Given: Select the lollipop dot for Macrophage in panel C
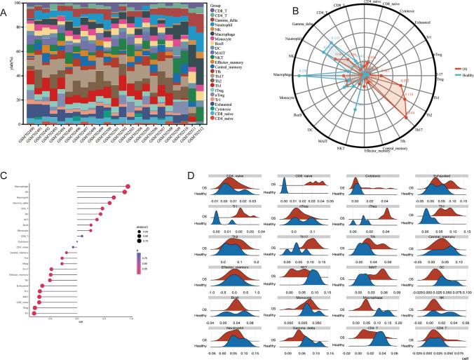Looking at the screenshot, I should [127, 187].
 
